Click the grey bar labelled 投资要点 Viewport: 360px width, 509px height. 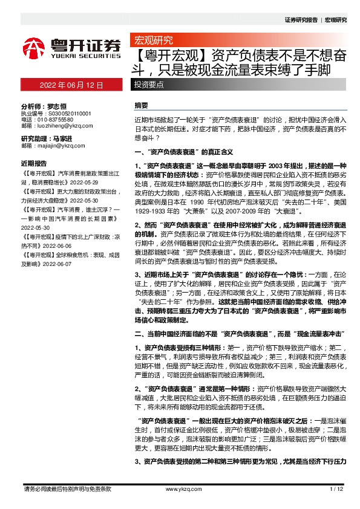(x=149, y=85)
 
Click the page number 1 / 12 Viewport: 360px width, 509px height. (x=336, y=488)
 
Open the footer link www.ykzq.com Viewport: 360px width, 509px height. (x=179, y=488)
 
